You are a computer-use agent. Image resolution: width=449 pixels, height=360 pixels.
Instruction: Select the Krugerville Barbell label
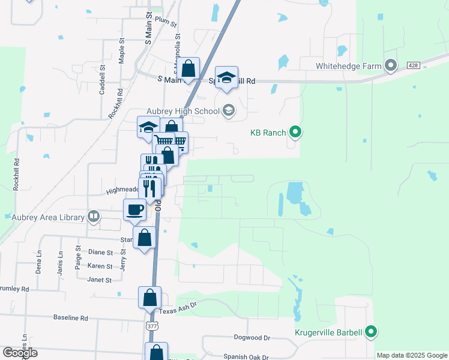(x=328, y=332)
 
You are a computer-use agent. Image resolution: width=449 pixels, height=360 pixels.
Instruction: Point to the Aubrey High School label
(x=183, y=111)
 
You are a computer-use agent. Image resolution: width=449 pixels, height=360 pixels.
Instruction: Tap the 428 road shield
(x=412, y=65)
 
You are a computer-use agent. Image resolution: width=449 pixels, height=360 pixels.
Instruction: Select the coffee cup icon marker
(x=134, y=210)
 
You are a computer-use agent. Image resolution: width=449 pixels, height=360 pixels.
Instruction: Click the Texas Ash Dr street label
(x=178, y=311)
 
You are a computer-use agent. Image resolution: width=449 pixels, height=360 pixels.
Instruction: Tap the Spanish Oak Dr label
(x=246, y=356)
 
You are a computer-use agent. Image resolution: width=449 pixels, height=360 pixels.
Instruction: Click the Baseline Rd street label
(x=70, y=317)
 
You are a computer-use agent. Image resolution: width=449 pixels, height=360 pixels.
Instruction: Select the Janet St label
(x=100, y=280)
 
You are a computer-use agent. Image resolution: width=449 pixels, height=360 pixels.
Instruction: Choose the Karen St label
(x=100, y=266)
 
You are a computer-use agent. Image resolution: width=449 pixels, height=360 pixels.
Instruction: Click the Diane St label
(x=100, y=253)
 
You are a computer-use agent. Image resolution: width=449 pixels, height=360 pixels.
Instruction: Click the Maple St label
(x=122, y=51)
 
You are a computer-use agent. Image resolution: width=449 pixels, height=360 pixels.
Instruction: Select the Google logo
(x=20, y=353)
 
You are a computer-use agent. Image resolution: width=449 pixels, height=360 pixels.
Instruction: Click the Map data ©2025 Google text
(x=412, y=355)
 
